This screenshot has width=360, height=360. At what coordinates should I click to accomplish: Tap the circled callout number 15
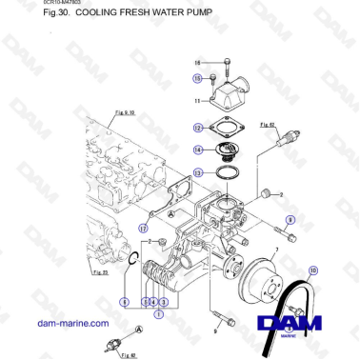click(x=197, y=78)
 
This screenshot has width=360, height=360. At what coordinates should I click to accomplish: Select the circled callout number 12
click(x=196, y=127)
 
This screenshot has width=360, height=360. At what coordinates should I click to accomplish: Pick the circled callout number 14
click(x=196, y=149)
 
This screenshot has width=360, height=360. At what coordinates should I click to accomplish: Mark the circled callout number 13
click(x=196, y=172)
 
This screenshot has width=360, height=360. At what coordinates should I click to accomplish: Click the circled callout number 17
click(x=142, y=229)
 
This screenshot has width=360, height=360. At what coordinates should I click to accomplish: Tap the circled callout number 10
click(x=312, y=270)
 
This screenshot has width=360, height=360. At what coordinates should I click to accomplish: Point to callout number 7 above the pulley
click(x=276, y=252)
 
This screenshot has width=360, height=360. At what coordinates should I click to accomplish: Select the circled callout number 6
click(x=124, y=302)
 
